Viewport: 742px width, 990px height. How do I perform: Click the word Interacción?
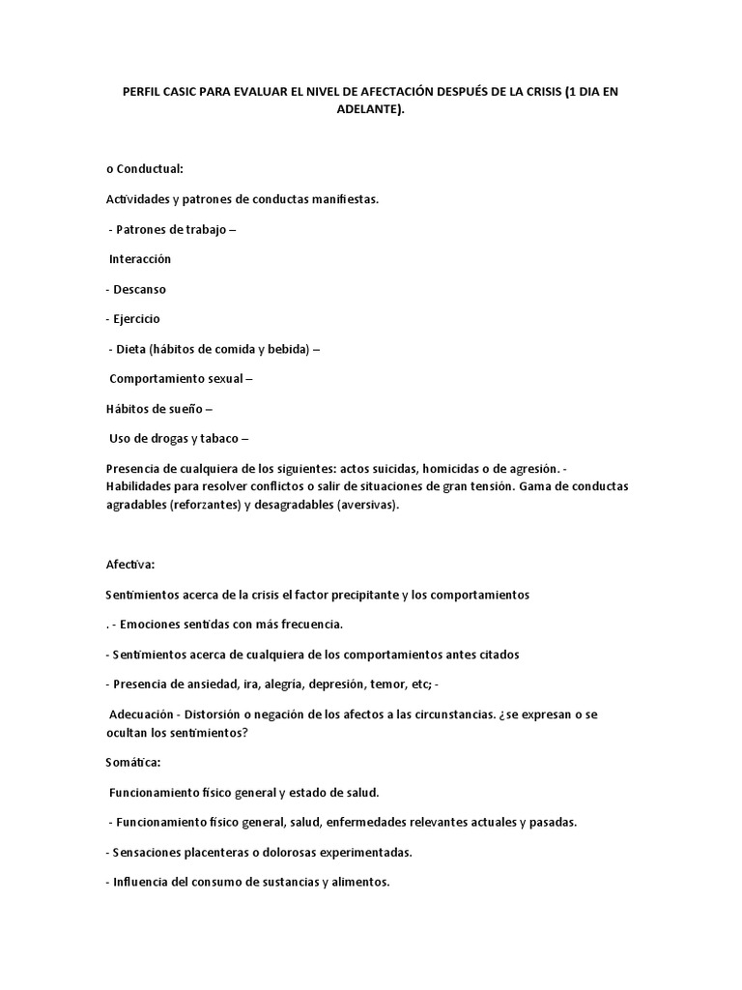pos(140,259)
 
